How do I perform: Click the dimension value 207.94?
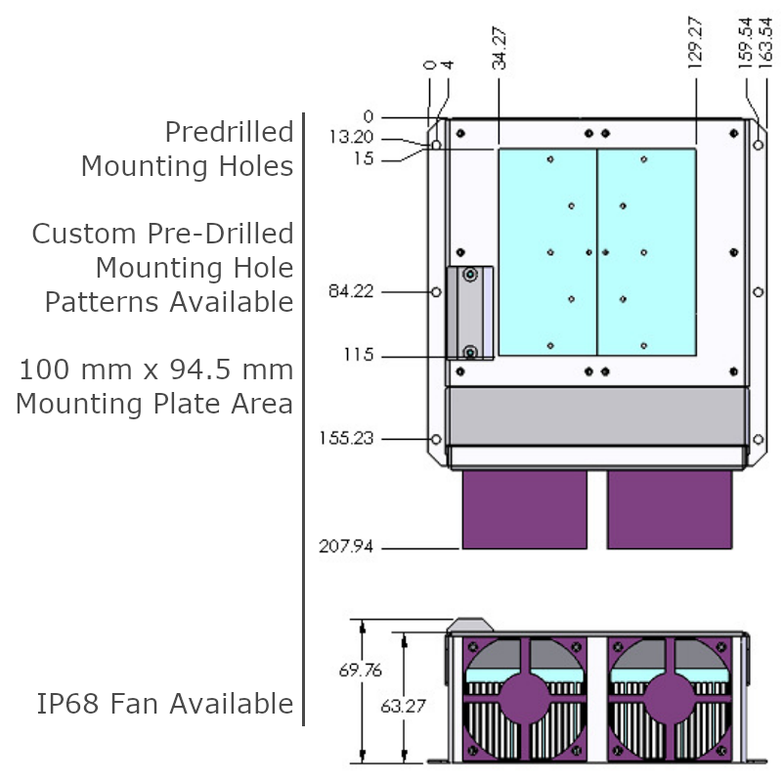tap(346, 546)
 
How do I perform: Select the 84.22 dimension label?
tap(351, 291)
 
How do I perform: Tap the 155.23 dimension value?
tap(346, 439)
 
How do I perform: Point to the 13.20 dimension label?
tap(351, 138)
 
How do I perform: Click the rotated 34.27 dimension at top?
tap(500, 49)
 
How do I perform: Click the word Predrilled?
tap(229, 132)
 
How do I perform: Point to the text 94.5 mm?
tap(239, 370)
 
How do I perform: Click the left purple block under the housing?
tap(525, 509)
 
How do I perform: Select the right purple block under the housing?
tap(670, 509)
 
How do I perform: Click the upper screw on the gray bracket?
tap(470, 276)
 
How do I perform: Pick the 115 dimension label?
tap(358, 355)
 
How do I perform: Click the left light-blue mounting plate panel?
tap(547, 252)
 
